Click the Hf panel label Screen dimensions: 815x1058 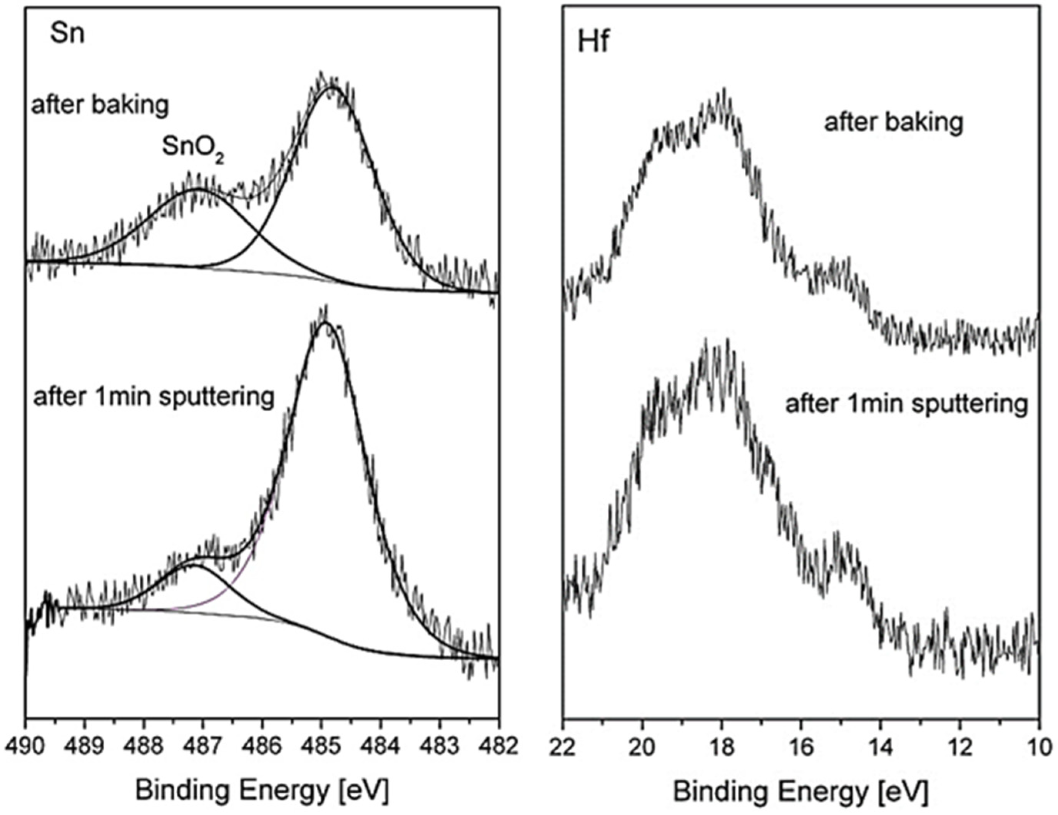click(593, 43)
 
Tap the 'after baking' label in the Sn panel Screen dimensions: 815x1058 click(100, 105)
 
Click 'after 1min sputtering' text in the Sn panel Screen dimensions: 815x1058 click(154, 397)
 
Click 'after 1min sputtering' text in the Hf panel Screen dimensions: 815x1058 click(906, 403)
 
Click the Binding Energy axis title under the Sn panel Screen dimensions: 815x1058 click(262, 791)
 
